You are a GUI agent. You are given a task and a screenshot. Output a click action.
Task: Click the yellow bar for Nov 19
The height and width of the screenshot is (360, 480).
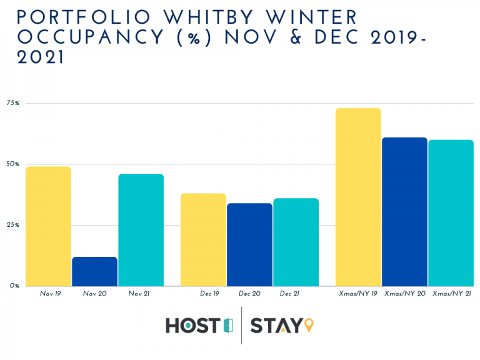48,226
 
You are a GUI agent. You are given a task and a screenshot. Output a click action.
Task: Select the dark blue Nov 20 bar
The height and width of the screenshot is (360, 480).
94,271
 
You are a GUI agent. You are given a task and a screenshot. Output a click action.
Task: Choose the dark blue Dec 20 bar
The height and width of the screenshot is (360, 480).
249,244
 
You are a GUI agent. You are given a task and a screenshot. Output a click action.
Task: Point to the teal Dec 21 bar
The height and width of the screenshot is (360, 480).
296,242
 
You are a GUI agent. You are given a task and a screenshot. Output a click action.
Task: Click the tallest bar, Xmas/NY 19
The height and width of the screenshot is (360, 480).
358,197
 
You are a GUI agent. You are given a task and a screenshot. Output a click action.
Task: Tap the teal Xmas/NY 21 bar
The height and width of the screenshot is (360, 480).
451,212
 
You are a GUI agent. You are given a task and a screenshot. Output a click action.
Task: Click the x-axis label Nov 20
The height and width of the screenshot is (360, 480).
94,293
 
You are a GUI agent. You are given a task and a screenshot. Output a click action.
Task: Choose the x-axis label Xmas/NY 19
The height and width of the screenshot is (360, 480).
358,293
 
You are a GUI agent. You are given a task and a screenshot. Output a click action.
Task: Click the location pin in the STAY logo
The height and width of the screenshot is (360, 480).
309,326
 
